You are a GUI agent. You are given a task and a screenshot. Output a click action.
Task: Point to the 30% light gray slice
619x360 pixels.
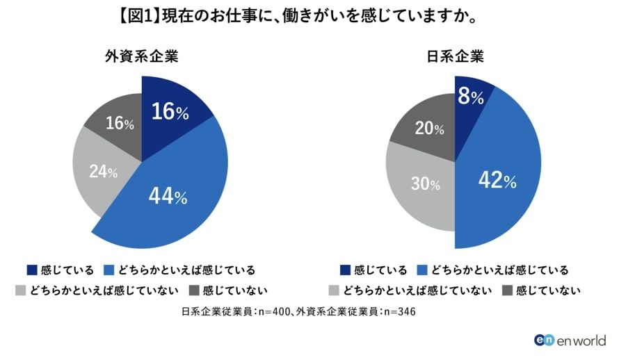(x=421, y=188)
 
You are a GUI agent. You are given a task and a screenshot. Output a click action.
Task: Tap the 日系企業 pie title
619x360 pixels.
(x=456, y=56)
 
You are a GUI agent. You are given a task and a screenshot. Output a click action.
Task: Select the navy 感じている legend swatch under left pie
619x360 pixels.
(x=32, y=269)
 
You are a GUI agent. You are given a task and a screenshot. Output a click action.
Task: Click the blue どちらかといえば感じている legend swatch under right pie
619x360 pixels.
(x=421, y=269)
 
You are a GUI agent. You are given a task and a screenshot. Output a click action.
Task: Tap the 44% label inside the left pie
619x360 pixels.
(x=168, y=197)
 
